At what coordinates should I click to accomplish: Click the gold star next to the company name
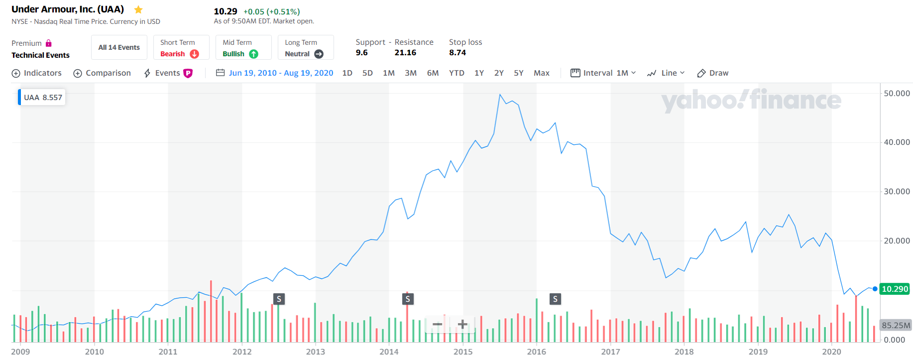(138, 9)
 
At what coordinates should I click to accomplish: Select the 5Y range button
(518, 73)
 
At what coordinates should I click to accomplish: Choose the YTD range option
(456, 73)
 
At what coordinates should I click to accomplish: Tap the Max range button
(541, 73)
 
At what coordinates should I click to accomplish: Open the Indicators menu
(37, 73)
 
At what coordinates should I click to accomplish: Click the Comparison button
(102, 73)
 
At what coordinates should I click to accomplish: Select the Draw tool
(712, 73)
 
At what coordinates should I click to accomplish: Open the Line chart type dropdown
(666, 73)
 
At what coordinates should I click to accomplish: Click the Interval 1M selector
(603, 73)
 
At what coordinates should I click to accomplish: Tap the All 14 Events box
(119, 47)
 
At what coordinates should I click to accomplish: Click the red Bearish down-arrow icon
(194, 54)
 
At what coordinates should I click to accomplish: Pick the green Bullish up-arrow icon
(253, 54)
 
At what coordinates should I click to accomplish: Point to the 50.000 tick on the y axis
(897, 93)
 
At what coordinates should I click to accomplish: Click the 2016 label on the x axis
(536, 352)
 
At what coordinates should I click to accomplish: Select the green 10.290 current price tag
(895, 289)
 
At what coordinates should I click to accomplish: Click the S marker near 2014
(408, 299)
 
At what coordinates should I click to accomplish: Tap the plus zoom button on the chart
(462, 325)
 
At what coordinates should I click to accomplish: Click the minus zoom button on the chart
(437, 325)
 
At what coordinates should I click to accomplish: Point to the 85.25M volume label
(896, 325)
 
